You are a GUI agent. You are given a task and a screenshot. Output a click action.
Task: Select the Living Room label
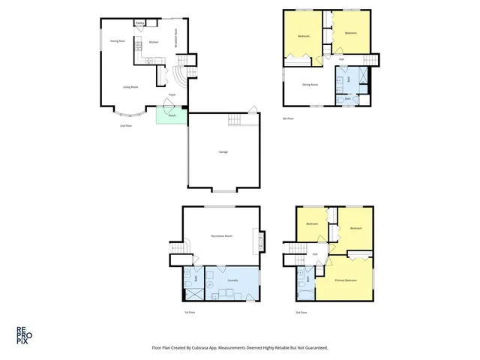pyautogui.click(x=130, y=87)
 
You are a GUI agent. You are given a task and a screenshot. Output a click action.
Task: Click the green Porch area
pyautogui.click(x=171, y=115)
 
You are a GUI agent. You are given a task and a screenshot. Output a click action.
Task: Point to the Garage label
pyautogui.click(x=223, y=151)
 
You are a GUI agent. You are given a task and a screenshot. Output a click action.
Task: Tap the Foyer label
pyautogui.click(x=172, y=95)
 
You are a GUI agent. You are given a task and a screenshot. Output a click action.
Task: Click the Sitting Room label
pyautogui.click(x=310, y=85)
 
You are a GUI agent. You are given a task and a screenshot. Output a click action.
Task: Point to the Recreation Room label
pyautogui.click(x=221, y=236)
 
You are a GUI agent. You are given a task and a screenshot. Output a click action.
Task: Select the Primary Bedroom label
pyautogui.click(x=346, y=280)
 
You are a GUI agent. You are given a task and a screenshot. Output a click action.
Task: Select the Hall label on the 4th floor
pyautogui.click(x=340, y=59)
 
